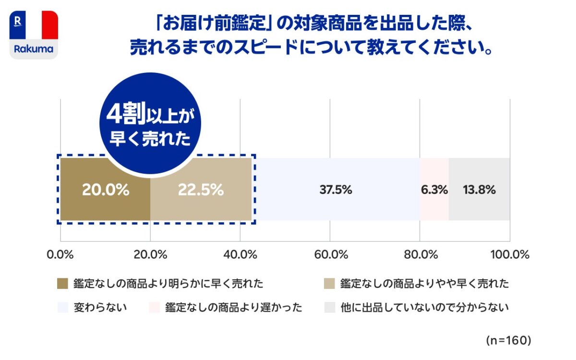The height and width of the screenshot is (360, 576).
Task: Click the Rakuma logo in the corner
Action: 34,35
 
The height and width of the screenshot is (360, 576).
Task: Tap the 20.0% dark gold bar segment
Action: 105,190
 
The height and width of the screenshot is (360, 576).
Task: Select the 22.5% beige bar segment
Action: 201,190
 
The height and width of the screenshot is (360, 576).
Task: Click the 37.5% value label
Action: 336,190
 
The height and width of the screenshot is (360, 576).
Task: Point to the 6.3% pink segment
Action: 434,190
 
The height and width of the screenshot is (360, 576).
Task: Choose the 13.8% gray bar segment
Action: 479,190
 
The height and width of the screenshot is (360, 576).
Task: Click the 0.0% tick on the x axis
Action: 60,254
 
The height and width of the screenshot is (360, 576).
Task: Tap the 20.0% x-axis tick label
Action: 150,254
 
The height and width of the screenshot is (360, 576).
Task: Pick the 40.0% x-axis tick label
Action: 240,254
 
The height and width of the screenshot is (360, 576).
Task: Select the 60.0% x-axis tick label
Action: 330,254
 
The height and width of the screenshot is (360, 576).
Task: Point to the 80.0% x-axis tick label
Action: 420,254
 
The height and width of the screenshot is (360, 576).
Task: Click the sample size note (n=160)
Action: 508,340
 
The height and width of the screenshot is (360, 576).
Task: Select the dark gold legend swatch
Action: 63,284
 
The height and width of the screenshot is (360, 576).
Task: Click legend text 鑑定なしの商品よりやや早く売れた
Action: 424,284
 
